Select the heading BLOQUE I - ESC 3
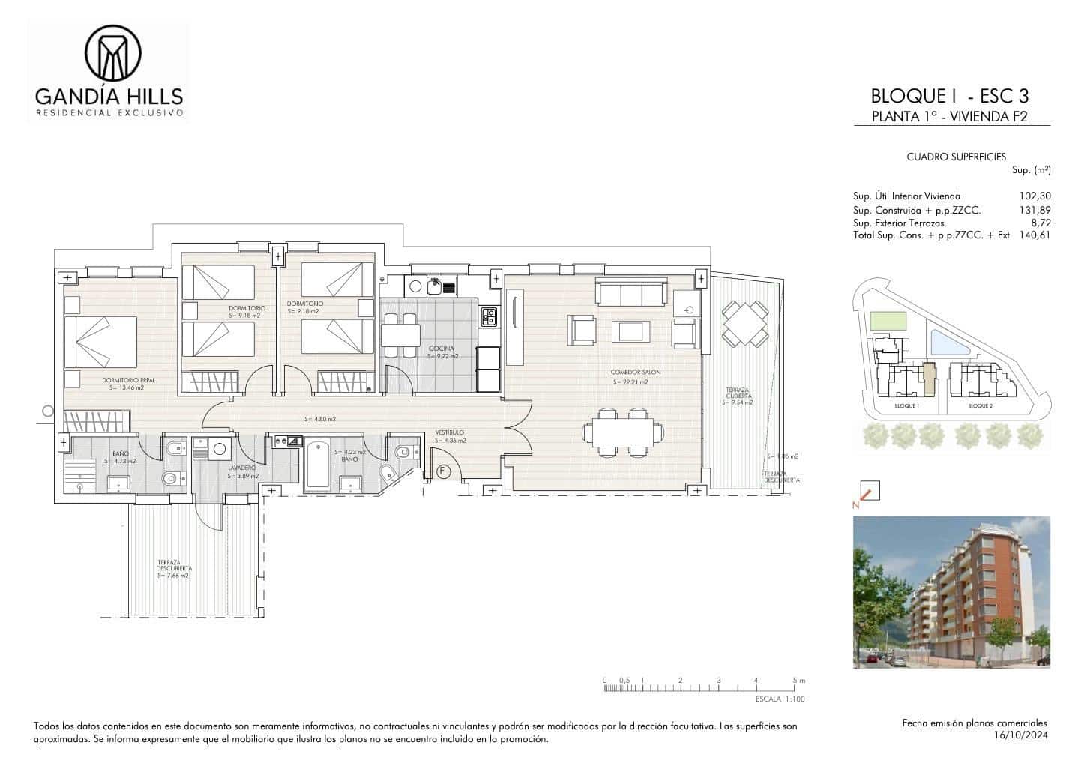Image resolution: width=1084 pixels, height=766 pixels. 949,96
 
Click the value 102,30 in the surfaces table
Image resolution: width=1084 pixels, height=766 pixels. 1034,196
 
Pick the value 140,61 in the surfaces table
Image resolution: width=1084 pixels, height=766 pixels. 1034,235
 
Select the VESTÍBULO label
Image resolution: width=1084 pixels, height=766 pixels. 451,432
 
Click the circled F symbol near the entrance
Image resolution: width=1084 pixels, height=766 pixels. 443,471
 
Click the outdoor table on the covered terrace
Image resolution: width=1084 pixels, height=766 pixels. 744,323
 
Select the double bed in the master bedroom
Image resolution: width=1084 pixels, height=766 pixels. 101,342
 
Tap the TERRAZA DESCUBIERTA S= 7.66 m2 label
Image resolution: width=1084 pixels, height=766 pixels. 173,569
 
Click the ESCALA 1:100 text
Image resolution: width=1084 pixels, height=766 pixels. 780,699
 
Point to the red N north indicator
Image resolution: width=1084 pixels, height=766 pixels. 855,505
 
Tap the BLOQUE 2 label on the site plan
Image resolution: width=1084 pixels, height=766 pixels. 979,405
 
